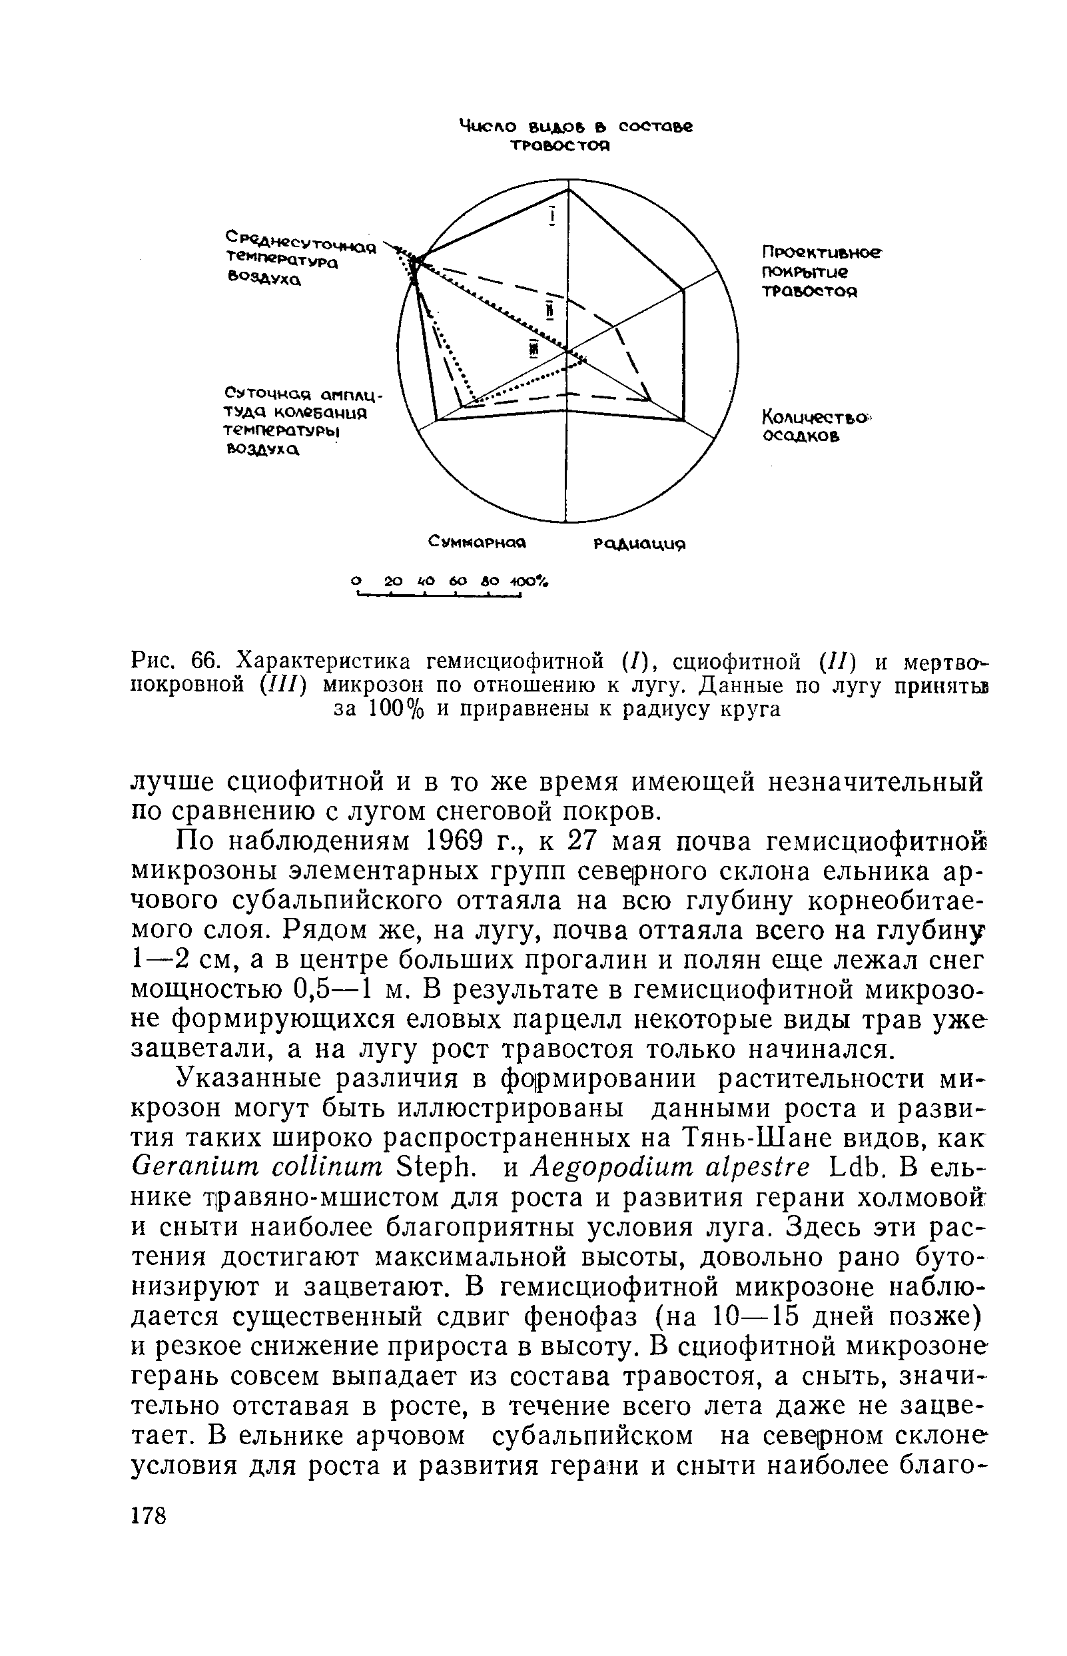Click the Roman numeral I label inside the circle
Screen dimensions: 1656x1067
click(552, 217)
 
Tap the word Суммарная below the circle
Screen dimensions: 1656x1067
click(478, 541)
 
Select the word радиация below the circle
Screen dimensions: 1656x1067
click(641, 545)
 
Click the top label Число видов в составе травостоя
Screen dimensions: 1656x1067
click(576, 136)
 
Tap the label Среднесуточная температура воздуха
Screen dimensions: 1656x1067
click(298, 258)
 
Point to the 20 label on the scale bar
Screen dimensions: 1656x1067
click(393, 580)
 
